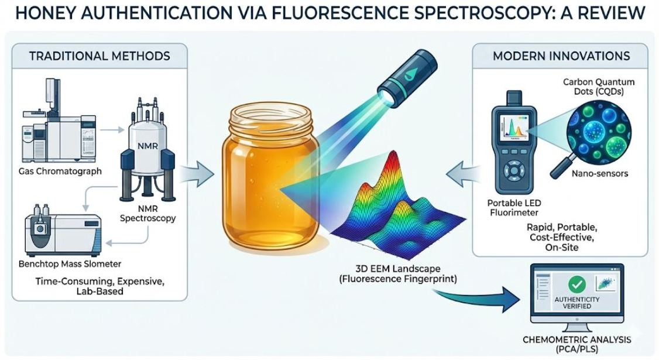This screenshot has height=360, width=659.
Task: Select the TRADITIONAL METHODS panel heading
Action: click(99, 56)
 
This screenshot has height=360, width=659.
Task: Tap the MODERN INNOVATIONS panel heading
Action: click(561, 56)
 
